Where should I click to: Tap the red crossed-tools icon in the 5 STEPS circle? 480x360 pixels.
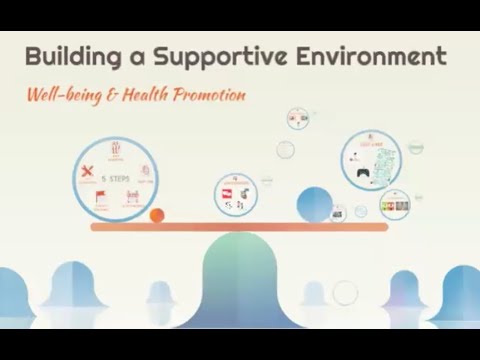point(88,169)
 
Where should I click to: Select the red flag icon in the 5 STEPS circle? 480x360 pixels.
point(99,196)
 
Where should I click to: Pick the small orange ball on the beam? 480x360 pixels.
point(156,215)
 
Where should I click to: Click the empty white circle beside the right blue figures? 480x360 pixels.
point(345,292)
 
